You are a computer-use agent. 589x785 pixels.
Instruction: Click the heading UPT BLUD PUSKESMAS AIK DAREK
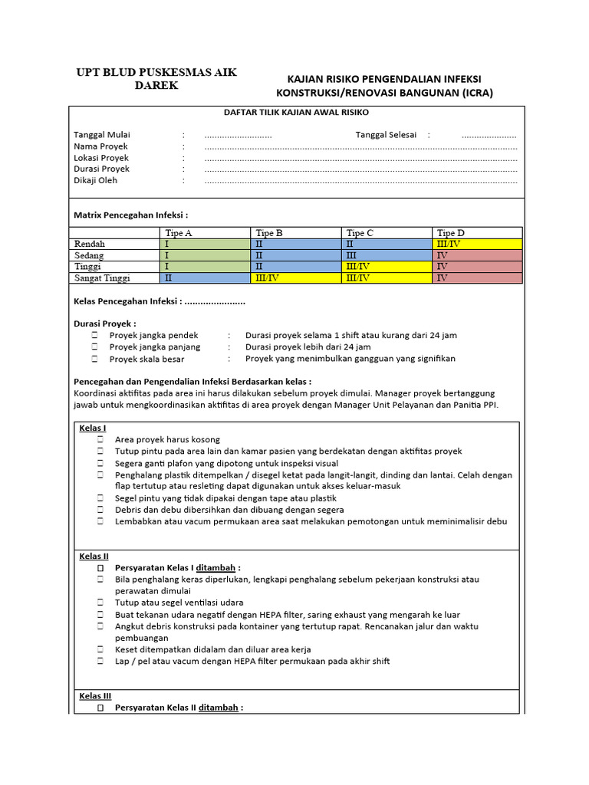[156, 79]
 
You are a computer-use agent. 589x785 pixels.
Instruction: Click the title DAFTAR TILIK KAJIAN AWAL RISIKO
[296, 112]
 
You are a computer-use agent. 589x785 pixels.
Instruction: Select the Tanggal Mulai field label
[101, 135]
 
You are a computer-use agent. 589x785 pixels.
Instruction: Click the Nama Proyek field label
[100, 146]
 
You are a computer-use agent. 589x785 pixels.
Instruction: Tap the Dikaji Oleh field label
[95, 181]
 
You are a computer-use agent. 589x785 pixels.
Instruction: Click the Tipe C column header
[360, 233]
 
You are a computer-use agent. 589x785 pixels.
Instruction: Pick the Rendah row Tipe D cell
[477, 244]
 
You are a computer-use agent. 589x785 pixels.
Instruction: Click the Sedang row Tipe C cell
[387, 255]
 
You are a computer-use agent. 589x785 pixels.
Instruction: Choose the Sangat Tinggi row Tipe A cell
[206, 278]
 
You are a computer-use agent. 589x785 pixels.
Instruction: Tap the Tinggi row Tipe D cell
[477, 267]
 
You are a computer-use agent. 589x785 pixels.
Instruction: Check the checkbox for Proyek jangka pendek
[94, 336]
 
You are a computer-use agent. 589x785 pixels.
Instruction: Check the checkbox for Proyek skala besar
[94, 359]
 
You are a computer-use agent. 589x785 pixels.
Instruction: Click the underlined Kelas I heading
[93, 428]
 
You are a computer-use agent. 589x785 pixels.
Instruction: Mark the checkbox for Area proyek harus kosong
[100, 440]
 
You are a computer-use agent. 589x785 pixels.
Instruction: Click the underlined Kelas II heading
[94, 556]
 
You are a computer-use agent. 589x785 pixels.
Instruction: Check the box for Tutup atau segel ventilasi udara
[100, 603]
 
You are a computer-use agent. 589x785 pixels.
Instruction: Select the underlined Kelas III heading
[95, 696]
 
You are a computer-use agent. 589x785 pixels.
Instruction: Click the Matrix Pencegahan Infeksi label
[130, 215]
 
